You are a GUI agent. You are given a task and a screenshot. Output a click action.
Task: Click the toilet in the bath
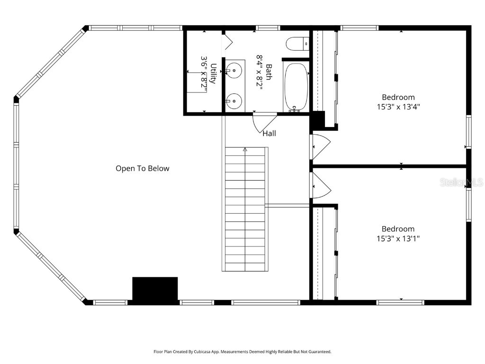[x=297, y=44]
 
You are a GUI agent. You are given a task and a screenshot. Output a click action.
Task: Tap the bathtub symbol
[x=296, y=87]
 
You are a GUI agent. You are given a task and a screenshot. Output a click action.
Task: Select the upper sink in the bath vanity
[x=234, y=71]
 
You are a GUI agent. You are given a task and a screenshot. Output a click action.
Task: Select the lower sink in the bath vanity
[x=234, y=100]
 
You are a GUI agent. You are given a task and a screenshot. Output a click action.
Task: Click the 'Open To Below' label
[x=142, y=168]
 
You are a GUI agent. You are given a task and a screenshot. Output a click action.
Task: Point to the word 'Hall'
[x=269, y=134]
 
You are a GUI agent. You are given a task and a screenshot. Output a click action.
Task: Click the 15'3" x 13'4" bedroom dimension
[x=398, y=107]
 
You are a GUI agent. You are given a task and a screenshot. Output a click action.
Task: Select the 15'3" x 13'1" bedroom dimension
[x=398, y=239]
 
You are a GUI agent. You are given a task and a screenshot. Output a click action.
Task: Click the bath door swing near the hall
[x=263, y=122]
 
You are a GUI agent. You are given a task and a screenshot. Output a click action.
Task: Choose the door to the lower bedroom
[x=320, y=185]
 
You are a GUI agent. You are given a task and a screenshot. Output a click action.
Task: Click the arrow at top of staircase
[x=245, y=150]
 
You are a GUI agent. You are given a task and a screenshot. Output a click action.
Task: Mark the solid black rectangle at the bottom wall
[x=155, y=289]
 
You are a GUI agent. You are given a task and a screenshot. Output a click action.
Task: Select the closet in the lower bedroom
[x=324, y=253]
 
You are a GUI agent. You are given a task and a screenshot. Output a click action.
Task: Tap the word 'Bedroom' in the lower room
[x=398, y=229]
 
